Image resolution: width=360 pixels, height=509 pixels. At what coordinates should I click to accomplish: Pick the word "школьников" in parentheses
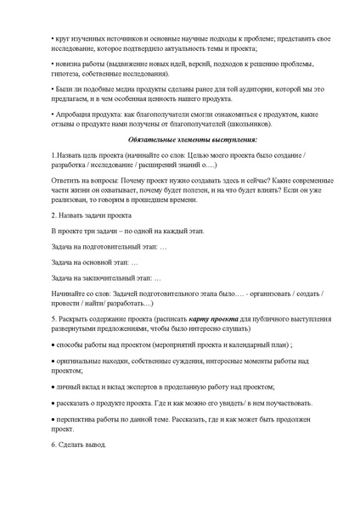(252, 122)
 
